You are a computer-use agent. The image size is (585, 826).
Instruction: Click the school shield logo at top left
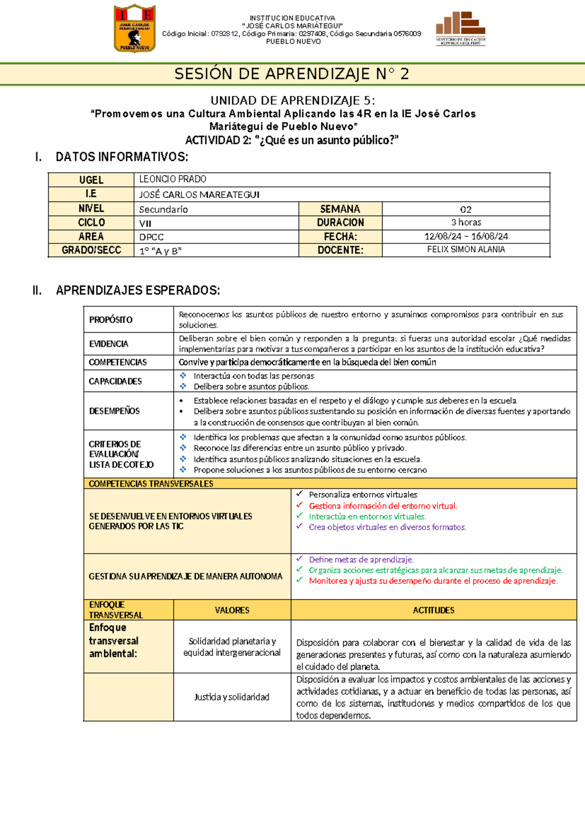click(x=135, y=28)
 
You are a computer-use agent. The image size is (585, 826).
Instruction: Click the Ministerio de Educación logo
click(x=460, y=29)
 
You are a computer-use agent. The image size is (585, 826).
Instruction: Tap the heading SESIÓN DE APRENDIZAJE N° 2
click(x=292, y=74)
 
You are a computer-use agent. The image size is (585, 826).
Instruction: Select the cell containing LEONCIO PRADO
click(x=173, y=179)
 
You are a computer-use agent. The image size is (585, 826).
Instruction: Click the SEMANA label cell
click(x=340, y=209)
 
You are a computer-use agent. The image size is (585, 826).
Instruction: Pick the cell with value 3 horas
click(x=466, y=223)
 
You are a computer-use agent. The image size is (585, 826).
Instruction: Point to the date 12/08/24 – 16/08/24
click(x=466, y=237)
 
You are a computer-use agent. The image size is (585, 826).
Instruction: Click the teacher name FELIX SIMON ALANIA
click(x=466, y=249)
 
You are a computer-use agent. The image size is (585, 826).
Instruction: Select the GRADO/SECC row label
click(x=91, y=250)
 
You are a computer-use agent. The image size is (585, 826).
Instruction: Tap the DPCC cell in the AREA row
click(x=152, y=237)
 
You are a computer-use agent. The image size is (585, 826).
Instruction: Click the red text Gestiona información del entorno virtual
click(x=383, y=506)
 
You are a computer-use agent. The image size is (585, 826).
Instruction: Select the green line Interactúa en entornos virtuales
click(x=367, y=517)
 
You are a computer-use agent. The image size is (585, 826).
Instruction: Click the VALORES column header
click(x=232, y=610)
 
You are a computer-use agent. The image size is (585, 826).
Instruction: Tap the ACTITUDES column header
click(x=433, y=610)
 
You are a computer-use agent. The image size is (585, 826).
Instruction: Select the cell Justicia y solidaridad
click(x=232, y=697)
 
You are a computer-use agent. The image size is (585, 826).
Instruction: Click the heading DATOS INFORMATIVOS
click(x=121, y=157)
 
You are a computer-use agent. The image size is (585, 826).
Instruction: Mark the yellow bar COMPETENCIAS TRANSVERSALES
click(x=151, y=484)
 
